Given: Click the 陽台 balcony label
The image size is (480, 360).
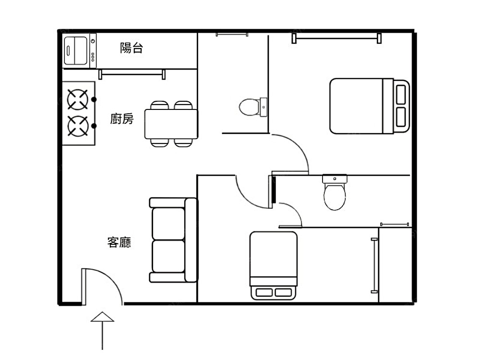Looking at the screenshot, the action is (x=132, y=48).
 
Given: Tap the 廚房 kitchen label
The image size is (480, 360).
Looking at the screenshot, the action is (x=122, y=119).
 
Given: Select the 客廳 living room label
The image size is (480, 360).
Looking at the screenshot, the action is (x=120, y=242).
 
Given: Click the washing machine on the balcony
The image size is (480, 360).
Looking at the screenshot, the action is (x=80, y=50).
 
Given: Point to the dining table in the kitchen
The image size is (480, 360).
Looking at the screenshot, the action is (x=171, y=124).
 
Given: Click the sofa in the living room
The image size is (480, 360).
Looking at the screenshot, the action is (x=173, y=240).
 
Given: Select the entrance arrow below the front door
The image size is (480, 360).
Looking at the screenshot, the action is (x=102, y=331).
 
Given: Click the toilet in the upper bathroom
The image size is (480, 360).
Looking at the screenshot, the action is (x=253, y=107).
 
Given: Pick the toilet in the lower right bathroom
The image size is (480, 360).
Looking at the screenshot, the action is (x=335, y=192).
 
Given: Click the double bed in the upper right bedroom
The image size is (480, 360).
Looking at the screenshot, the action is (x=370, y=106).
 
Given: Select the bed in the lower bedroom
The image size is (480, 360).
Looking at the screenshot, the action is (x=274, y=265).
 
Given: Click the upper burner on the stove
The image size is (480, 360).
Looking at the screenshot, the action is (x=78, y=99).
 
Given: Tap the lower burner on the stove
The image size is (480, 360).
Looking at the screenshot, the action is (x=78, y=126).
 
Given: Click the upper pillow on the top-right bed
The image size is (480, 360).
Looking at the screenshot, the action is (x=401, y=95).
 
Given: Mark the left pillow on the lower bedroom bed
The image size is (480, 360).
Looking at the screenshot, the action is (x=264, y=292).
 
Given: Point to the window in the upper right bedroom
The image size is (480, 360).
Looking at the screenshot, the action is (x=336, y=38).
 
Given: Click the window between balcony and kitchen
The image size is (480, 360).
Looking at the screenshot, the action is (x=132, y=74).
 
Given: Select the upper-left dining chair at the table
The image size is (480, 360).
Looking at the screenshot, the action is (x=159, y=105).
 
